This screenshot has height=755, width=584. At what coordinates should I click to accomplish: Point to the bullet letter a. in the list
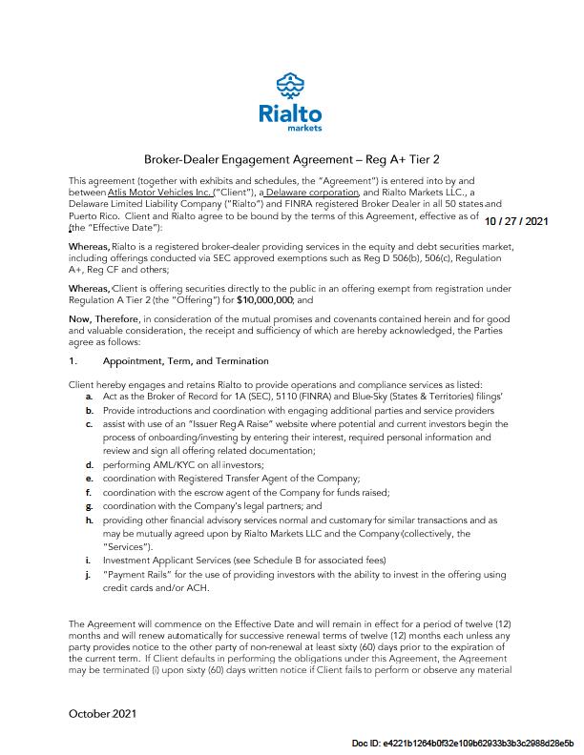coord(89,394)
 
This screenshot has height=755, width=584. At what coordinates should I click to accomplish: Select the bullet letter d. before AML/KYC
coord(89,463)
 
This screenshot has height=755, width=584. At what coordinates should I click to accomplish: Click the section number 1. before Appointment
coord(73,361)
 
